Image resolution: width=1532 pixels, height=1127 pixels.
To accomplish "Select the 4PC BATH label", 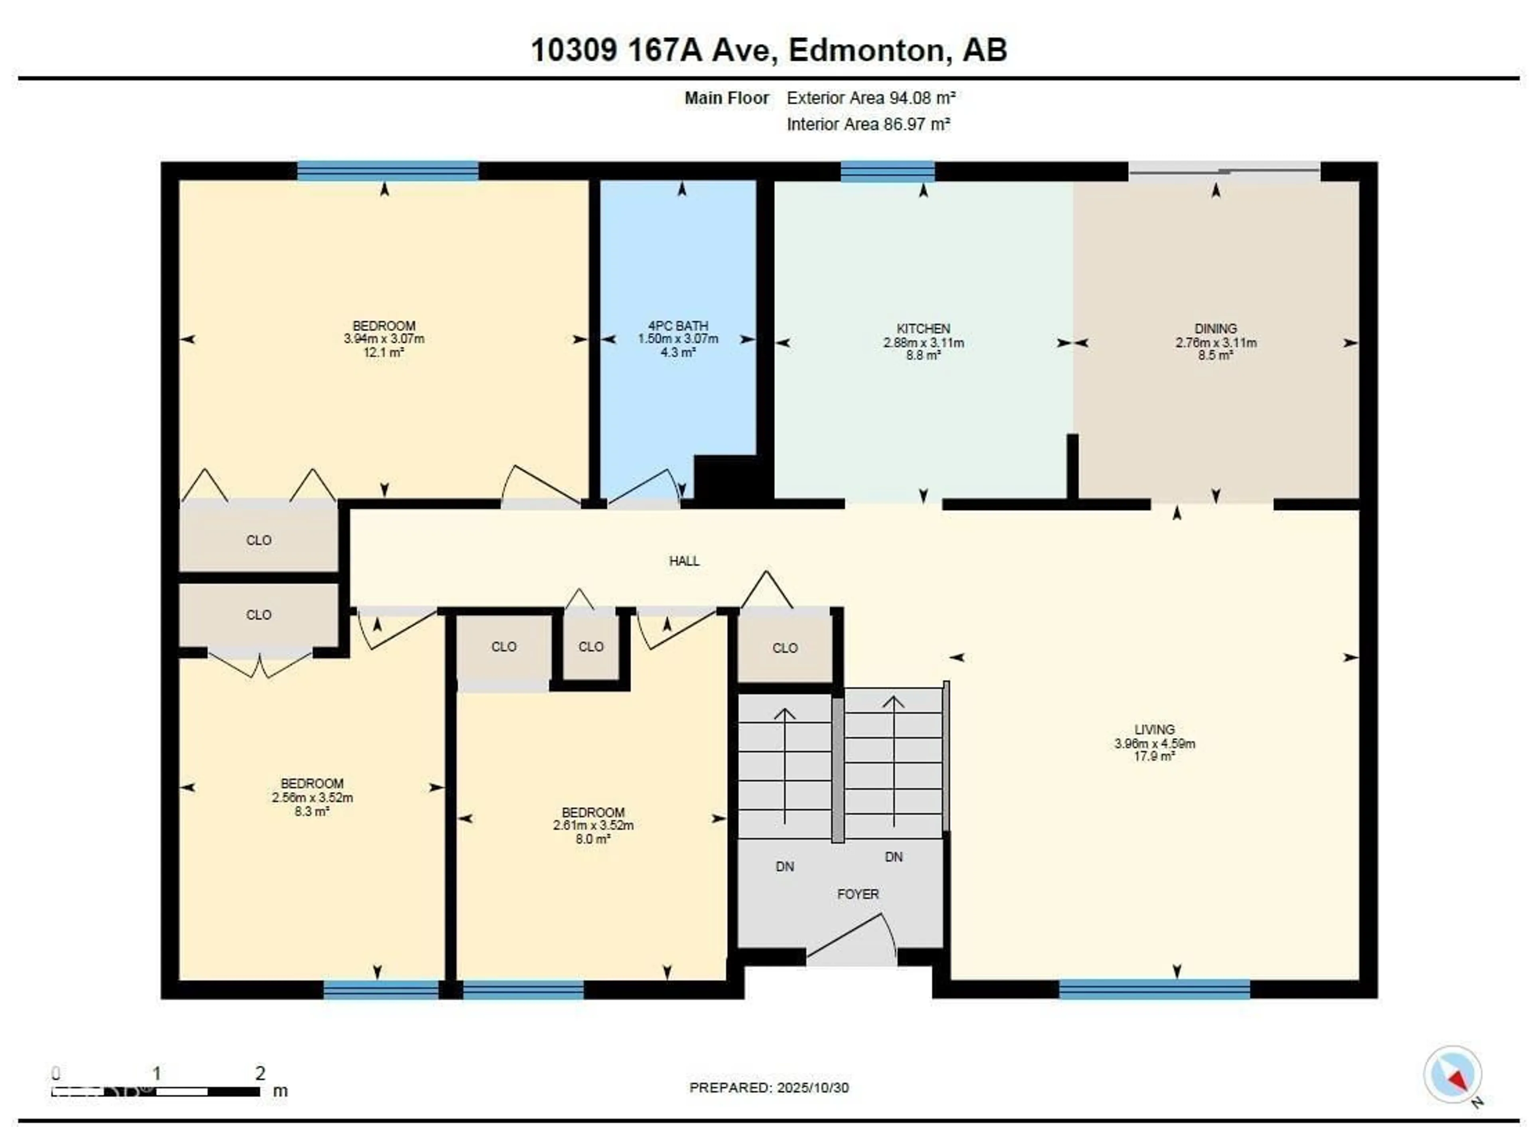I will point(677,326).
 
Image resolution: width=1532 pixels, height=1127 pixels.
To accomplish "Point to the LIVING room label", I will point(1154,729).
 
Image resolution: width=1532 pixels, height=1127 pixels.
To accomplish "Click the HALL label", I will point(683,561).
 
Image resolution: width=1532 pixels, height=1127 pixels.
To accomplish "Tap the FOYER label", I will point(857,894).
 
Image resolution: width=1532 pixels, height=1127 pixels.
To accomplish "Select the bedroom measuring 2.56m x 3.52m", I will point(312,796).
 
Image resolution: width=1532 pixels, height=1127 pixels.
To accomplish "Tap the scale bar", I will point(156,1091).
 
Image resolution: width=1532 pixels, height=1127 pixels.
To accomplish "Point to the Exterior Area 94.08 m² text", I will point(871,98).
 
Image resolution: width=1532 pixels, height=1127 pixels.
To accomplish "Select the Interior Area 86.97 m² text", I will point(868,124).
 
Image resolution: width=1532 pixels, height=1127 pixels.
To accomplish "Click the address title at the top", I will point(769,50).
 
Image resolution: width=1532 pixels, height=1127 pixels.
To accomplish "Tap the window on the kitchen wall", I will point(887,171).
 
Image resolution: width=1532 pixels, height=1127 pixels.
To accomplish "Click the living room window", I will point(1154,989).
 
